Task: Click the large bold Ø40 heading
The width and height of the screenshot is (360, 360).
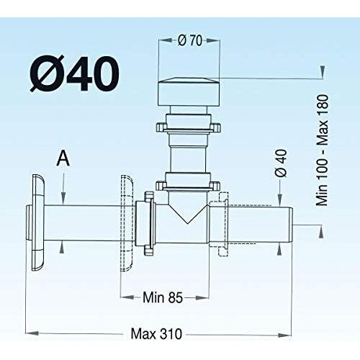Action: pyautogui.click(x=74, y=73)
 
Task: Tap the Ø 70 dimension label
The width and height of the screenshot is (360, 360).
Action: pyautogui.click(x=190, y=40)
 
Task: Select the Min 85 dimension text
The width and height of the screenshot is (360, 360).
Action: pyautogui.click(x=163, y=297)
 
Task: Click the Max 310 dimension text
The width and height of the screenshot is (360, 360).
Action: pyautogui.click(x=156, y=334)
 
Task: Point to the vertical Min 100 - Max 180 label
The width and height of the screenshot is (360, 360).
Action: pyautogui.click(x=322, y=150)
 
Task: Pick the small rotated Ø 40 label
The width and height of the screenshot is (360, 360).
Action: pyautogui.click(x=281, y=163)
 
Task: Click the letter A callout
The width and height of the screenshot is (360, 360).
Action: pyautogui.click(x=63, y=158)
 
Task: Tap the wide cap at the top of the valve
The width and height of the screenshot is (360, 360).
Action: pyautogui.click(x=189, y=91)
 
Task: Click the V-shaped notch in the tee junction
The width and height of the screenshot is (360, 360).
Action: pyautogui.click(x=187, y=213)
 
